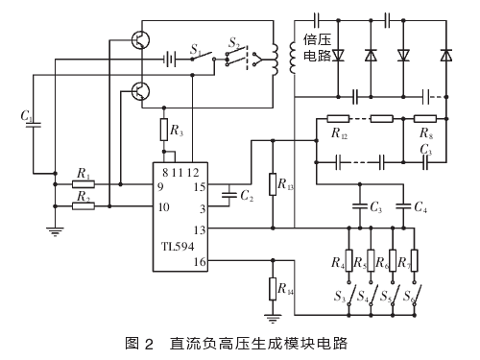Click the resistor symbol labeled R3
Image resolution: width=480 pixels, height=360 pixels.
pos(164,130)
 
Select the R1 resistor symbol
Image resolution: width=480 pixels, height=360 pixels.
pos(84,184)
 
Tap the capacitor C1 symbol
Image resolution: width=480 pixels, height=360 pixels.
pos(33,125)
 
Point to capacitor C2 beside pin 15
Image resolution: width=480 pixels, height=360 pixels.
pos(229,195)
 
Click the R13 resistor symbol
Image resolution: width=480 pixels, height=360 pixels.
pos(273,184)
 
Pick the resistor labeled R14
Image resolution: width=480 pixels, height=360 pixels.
pos(273,289)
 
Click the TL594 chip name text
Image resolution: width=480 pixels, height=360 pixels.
pos(178,247)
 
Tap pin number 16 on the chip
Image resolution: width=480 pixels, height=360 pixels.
pos(200,262)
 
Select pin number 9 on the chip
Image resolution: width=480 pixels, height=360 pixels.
pos(160,186)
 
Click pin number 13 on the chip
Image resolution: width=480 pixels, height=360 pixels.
pos(200,230)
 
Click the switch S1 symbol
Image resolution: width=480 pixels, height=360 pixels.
pos(204,56)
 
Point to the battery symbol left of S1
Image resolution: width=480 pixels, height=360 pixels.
pos(170,60)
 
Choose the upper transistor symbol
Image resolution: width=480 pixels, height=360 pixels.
pos(140,40)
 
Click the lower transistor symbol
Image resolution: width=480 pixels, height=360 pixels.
pos(140,91)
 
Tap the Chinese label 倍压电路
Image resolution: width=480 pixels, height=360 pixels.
pos(317,48)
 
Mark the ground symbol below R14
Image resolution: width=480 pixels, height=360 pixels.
pos(273,319)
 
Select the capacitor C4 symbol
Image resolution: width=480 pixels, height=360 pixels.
pos(403,206)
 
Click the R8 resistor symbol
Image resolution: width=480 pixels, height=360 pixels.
pos(425,119)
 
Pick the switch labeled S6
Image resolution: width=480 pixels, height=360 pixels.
pos(416,295)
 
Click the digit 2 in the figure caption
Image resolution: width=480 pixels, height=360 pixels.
pos(149,344)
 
